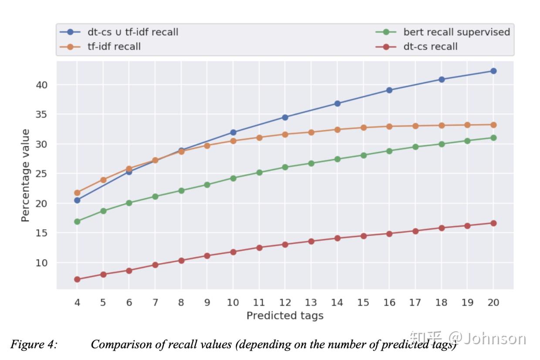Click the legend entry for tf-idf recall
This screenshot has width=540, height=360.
coord(114,46)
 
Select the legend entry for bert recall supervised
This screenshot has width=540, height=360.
coord(456,32)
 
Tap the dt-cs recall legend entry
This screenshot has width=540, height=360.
coord(430,46)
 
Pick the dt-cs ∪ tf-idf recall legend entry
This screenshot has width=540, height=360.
coord(133,32)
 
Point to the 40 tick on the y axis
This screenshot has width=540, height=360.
coord(41,84)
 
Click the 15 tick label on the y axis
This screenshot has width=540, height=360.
coord(41,233)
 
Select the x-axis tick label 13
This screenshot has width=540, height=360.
coord(310,303)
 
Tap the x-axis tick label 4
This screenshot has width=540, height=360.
coord(77,303)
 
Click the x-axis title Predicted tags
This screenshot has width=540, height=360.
coord(285,316)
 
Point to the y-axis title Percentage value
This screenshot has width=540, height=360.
coord(26,175)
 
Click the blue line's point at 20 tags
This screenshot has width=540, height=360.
coord(493,71)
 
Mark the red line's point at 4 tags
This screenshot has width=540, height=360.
coord(77,279)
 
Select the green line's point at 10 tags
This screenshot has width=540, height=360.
coord(233,178)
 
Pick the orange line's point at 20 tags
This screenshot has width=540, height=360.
coord(493,125)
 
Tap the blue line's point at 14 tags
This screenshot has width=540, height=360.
coord(337,104)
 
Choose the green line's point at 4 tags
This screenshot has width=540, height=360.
coord(77,222)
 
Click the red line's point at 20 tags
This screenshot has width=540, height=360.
coord(493,223)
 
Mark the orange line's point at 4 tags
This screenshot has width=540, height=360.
coord(77,192)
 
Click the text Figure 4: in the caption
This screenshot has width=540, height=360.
coord(34,345)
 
